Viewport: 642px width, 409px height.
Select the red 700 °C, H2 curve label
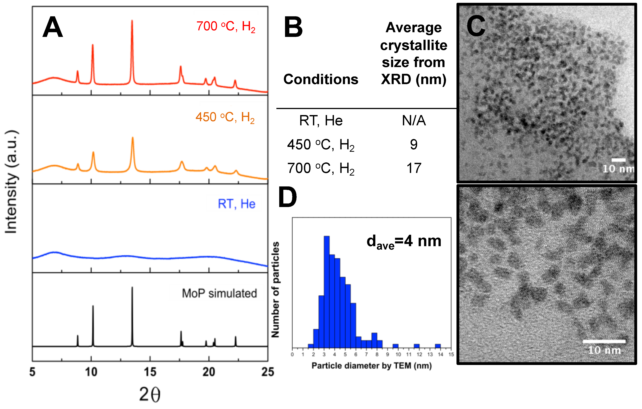pyautogui.click(x=226, y=27)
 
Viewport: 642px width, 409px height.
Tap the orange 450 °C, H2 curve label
pyautogui.click(x=225, y=117)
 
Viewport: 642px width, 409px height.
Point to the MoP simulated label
pyautogui.click(x=219, y=293)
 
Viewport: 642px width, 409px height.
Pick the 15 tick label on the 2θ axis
pyautogui.click(x=150, y=372)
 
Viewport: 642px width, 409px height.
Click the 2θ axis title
pyautogui.click(x=150, y=394)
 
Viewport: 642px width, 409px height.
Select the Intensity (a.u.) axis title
pyautogui.click(x=11, y=182)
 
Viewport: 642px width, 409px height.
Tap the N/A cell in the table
pyautogui.click(x=414, y=120)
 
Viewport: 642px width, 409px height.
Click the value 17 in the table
pyautogui.click(x=414, y=168)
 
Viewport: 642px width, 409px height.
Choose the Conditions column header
pyautogui.click(x=321, y=79)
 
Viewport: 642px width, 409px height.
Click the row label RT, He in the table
pyautogui.click(x=321, y=120)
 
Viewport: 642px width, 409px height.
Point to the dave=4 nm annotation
pyautogui.click(x=404, y=242)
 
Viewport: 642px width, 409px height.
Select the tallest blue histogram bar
pyautogui.click(x=327, y=292)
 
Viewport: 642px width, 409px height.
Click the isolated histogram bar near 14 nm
pyautogui.click(x=438, y=346)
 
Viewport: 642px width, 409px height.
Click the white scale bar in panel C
pyautogui.click(x=619, y=160)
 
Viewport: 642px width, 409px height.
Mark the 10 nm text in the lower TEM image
pyautogui.click(x=604, y=350)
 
